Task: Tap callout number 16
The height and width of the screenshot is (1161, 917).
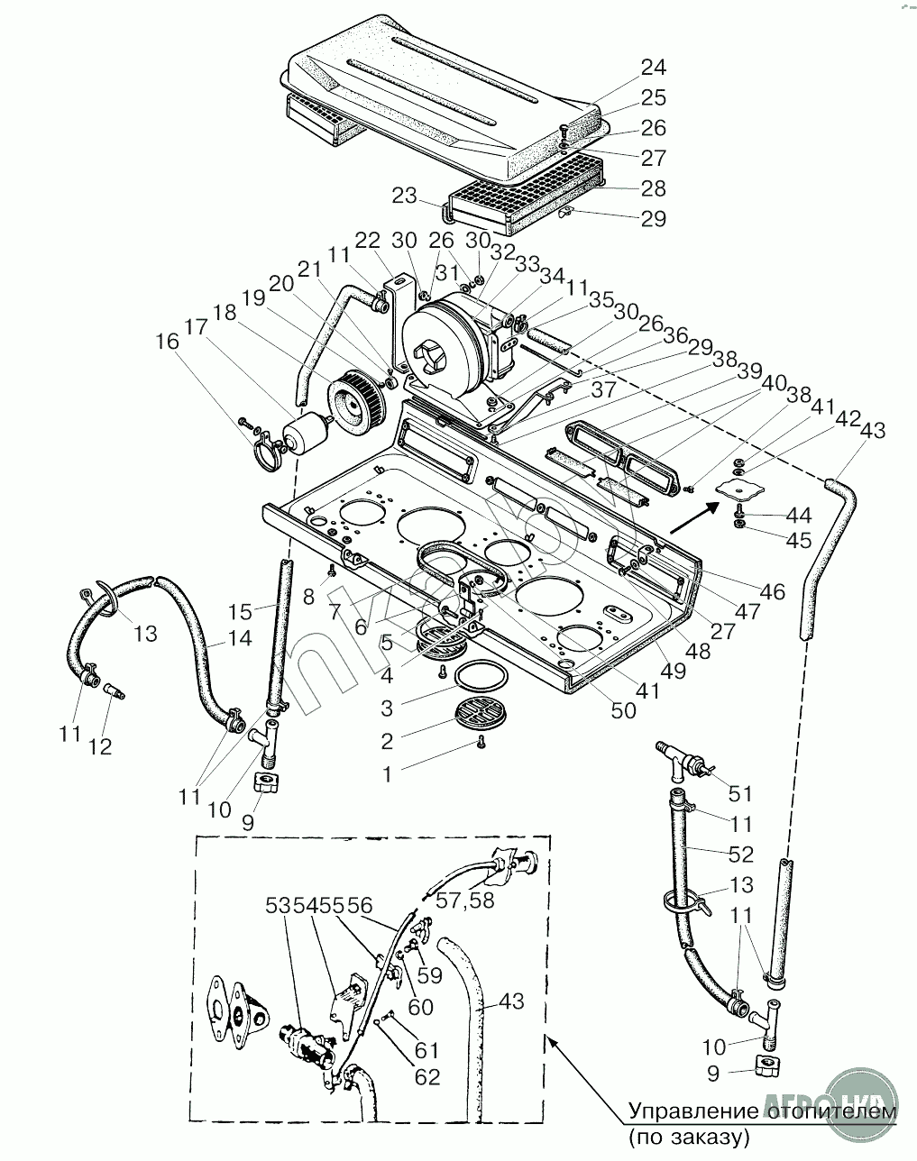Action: click(x=168, y=342)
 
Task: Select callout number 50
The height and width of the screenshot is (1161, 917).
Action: click(x=623, y=710)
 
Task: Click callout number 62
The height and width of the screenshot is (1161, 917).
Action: click(x=428, y=1076)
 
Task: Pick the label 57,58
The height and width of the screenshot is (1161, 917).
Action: click(x=465, y=900)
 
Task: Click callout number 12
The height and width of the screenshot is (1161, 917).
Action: click(x=100, y=746)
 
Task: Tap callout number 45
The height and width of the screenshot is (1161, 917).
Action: click(x=798, y=541)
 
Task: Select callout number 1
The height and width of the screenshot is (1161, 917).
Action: click(x=388, y=773)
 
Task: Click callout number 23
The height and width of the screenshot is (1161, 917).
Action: click(x=405, y=196)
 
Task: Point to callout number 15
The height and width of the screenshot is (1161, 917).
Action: click(x=240, y=612)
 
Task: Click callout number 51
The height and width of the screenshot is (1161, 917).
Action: click(x=740, y=794)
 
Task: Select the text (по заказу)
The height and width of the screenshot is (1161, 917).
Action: click(x=690, y=1138)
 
